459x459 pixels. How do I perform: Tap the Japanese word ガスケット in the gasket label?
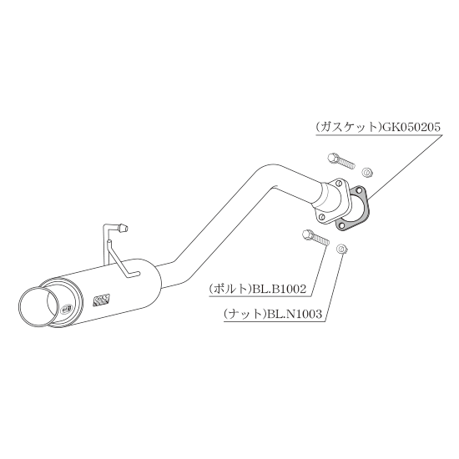tap(348, 128)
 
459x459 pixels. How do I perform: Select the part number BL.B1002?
tap(280, 289)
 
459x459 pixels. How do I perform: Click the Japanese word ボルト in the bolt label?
tap(230, 289)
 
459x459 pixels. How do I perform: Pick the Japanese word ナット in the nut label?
tap(245, 314)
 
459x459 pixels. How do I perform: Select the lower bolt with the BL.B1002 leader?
tap(315, 237)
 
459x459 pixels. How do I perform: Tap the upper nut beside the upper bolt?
tap(367, 172)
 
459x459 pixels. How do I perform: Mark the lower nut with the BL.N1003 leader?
tap(342, 250)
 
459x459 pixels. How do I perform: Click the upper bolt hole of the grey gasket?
tap(359, 191)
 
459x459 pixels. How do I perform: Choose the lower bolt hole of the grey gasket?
tap(340, 225)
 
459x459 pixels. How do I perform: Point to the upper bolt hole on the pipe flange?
tap(339, 184)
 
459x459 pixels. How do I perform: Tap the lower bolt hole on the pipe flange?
tap(321, 217)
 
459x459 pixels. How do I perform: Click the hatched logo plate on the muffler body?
tap(101, 300)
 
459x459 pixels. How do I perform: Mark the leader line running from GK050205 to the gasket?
tap(404, 168)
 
